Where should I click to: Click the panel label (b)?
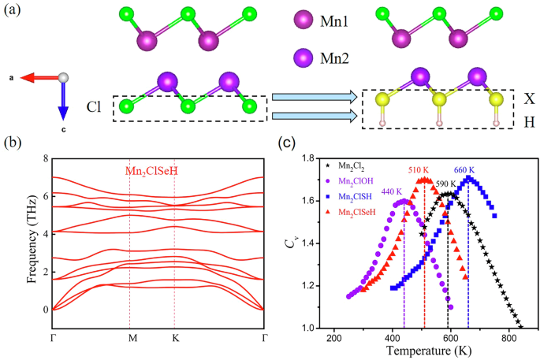[15, 145]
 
